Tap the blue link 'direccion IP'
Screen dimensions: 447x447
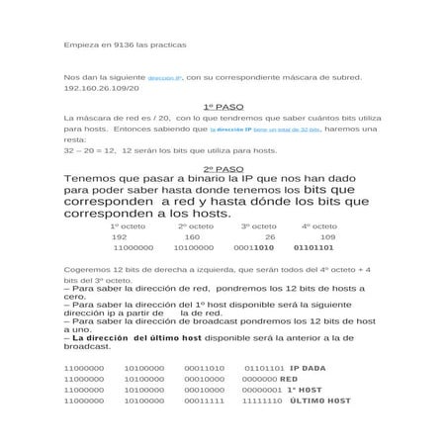[165, 77]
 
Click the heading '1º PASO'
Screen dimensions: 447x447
[223, 106]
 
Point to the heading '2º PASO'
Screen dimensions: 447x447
[223, 169]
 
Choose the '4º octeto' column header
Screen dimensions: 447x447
[318, 226]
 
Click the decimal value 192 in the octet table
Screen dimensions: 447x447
[120, 237]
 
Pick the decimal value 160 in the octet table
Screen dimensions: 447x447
[192, 237]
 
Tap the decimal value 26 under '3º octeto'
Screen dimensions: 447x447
[270, 237]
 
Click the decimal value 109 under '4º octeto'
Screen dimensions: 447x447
[327, 237]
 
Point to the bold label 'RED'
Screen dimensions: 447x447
[289, 379]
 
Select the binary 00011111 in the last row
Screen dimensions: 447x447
[204, 401]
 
